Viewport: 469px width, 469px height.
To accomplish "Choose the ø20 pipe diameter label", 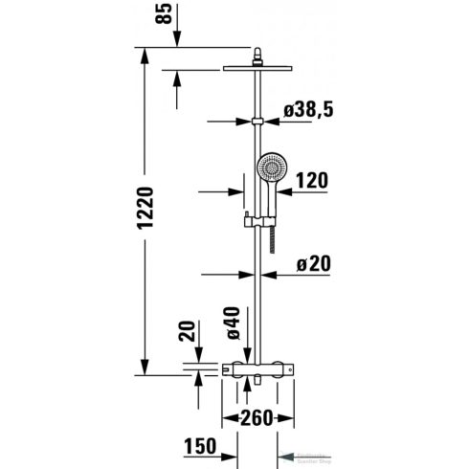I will click(x=314, y=261).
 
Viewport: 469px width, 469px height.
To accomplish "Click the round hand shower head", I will click(x=272, y=169).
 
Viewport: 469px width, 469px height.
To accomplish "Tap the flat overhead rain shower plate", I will click(x=257, y=66).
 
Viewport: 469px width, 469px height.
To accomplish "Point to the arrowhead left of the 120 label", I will click(x=239, y=190).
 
